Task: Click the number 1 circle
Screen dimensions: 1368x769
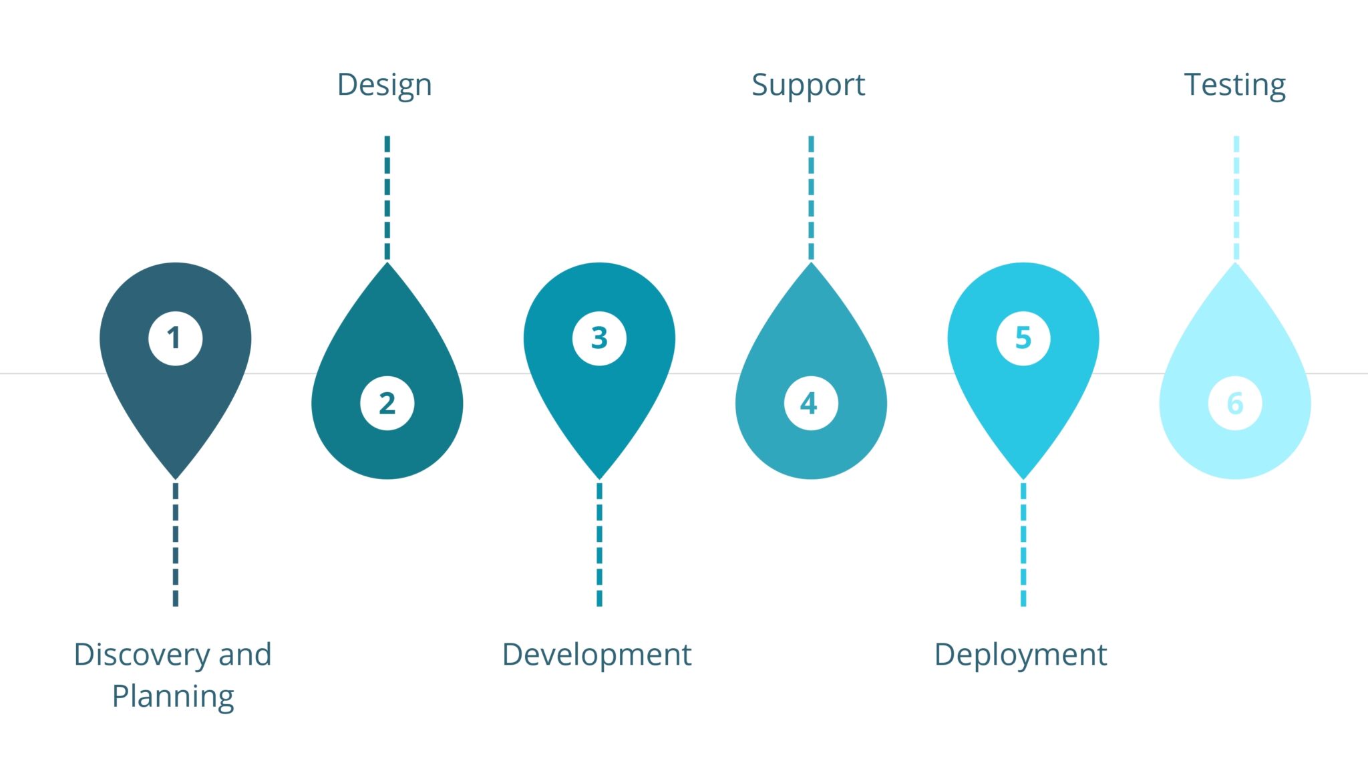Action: (x=176, y=338)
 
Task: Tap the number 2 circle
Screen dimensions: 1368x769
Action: (x=387, y=403)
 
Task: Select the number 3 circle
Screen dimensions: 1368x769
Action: (x=599, y=338)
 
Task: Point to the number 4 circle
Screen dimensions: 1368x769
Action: (x=811, y=403)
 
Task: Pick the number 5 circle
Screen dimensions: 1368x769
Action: (x=1023, y=338)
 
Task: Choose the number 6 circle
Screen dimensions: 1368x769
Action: (x=1235, y=403)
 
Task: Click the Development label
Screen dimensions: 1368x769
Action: (x=596, y=655)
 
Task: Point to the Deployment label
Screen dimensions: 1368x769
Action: (x=1021, y=655)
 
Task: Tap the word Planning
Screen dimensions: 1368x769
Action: (x=173, y=698)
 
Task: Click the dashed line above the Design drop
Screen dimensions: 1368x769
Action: (x=387, y=198)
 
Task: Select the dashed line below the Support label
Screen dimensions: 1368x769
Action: (x=811, y=198)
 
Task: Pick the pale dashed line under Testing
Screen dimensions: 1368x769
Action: (x=1236, y=198)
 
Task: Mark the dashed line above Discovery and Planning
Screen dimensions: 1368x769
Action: (x=176, y=544)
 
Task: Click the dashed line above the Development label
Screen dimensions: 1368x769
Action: (x=599, y=544)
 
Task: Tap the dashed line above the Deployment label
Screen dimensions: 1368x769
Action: (x=1023, y=544)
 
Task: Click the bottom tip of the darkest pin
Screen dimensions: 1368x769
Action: (x=176, y=479)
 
